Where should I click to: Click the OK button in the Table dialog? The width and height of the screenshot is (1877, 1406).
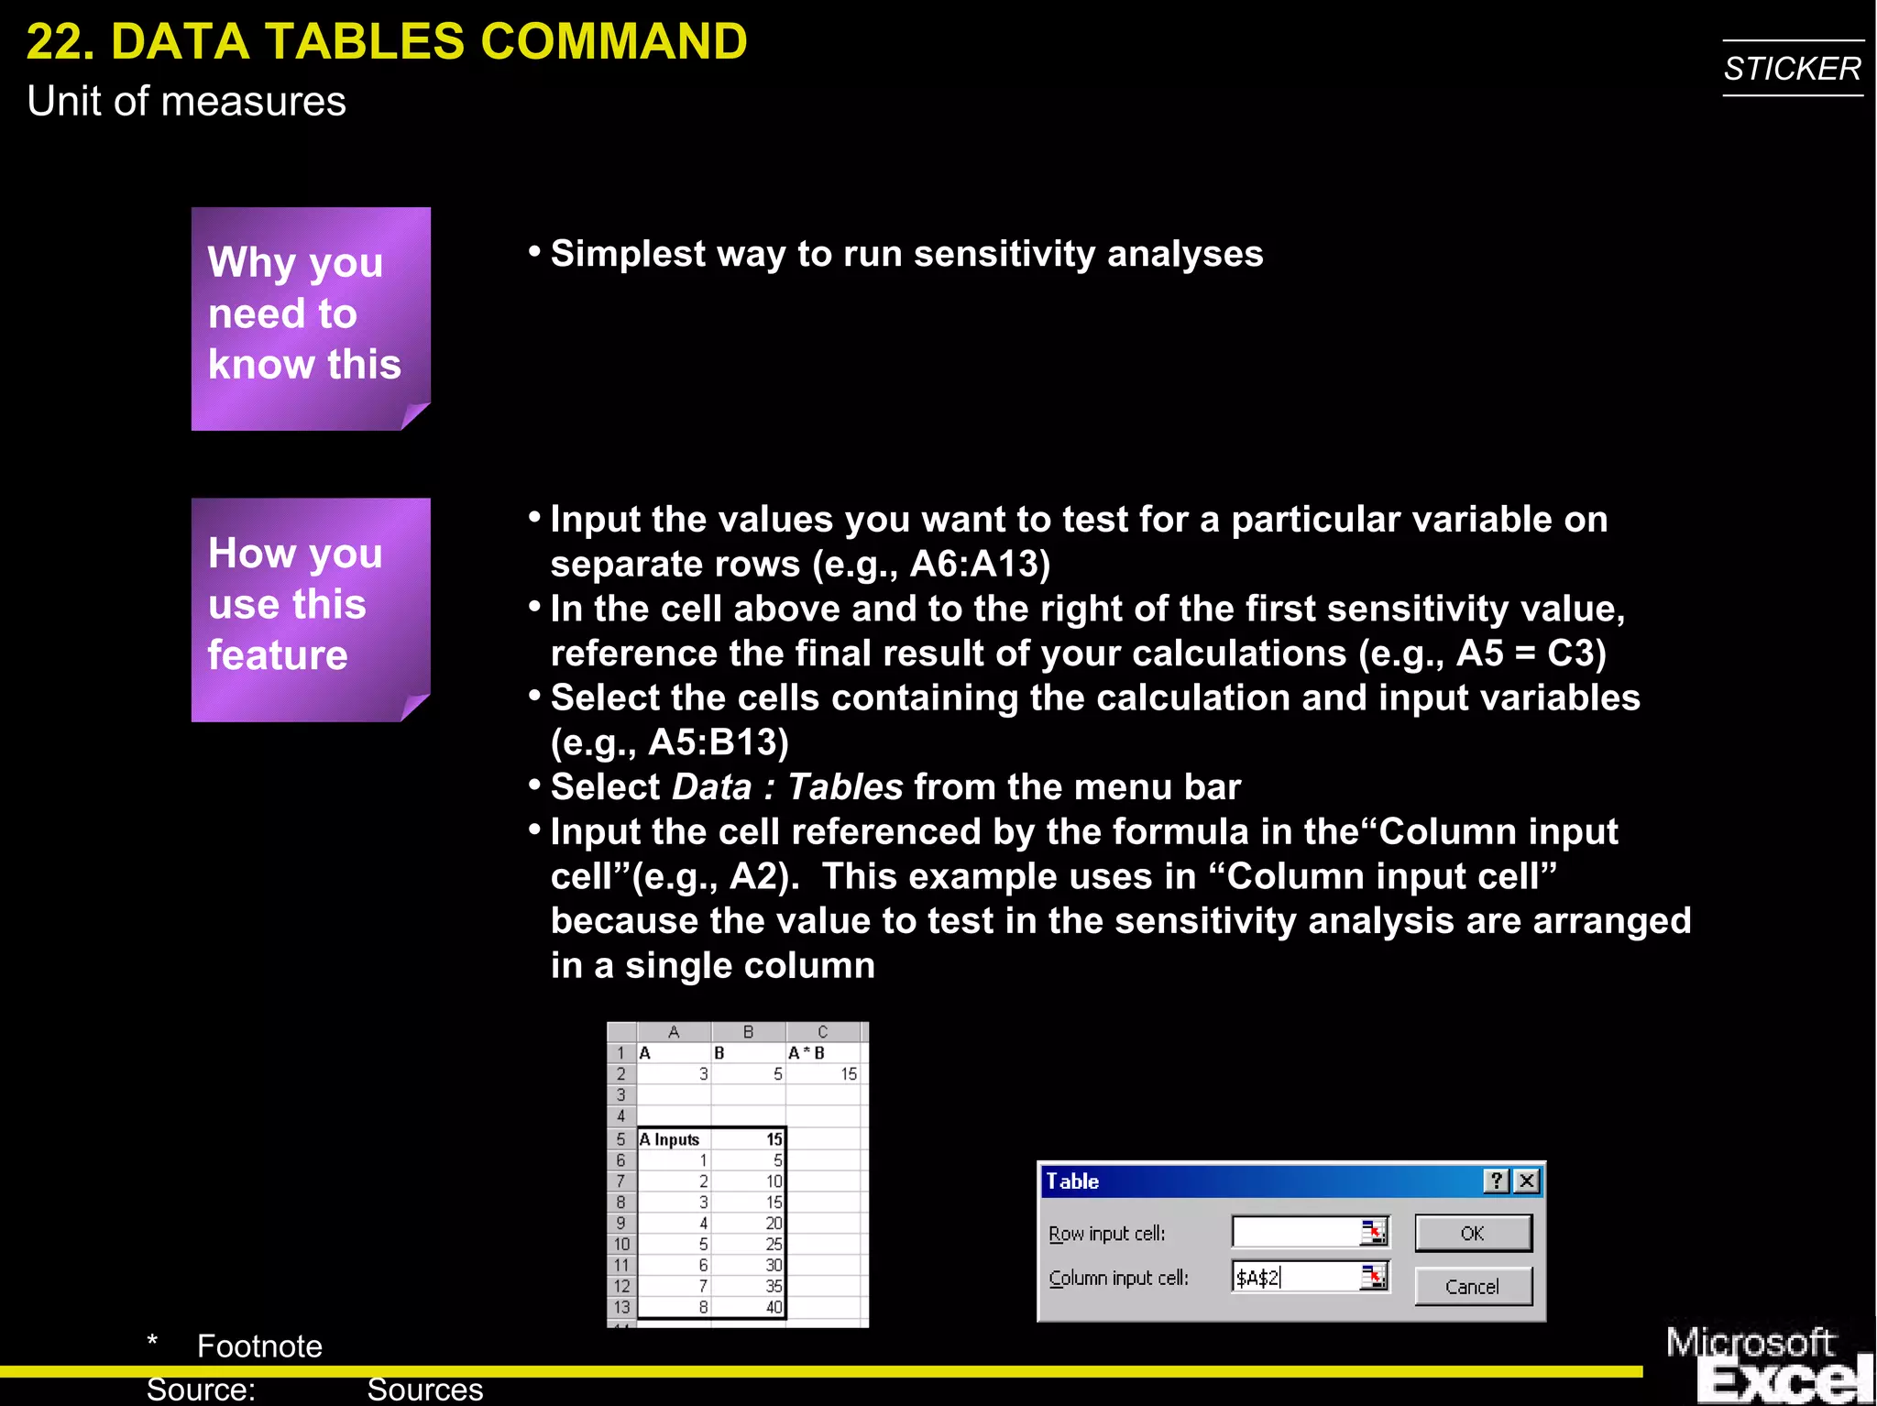(x=1472, y=1233)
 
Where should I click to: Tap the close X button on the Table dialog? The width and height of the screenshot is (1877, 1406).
(x=1527, y=1181)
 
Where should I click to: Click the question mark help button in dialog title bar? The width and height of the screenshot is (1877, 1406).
(x=1496, y=1181)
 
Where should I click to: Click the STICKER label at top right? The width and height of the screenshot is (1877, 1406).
(x=1792, y=69)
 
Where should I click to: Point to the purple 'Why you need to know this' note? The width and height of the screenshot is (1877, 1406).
(x=311, y=318)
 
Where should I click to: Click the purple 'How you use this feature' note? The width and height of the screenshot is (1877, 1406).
(x=311, y=610)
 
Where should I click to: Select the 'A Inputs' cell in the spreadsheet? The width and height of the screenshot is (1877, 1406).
(x=673, y=1139)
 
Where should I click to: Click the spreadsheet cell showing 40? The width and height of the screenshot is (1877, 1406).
(x=773, y=1307)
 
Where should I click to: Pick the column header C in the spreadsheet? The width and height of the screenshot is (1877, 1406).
(x=822, y=1032)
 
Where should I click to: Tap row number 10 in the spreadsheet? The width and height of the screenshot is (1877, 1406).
(x=621, y=1244)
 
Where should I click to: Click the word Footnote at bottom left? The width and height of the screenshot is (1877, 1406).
(x=259, y=1346)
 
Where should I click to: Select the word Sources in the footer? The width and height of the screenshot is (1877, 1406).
(x=424, y=1390)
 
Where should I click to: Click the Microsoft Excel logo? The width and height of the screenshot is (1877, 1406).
(x=1769, y=1364)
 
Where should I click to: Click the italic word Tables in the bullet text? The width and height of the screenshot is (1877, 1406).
(x=845, y=786)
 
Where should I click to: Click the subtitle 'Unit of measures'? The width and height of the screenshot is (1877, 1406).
(x=186, y=101)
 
